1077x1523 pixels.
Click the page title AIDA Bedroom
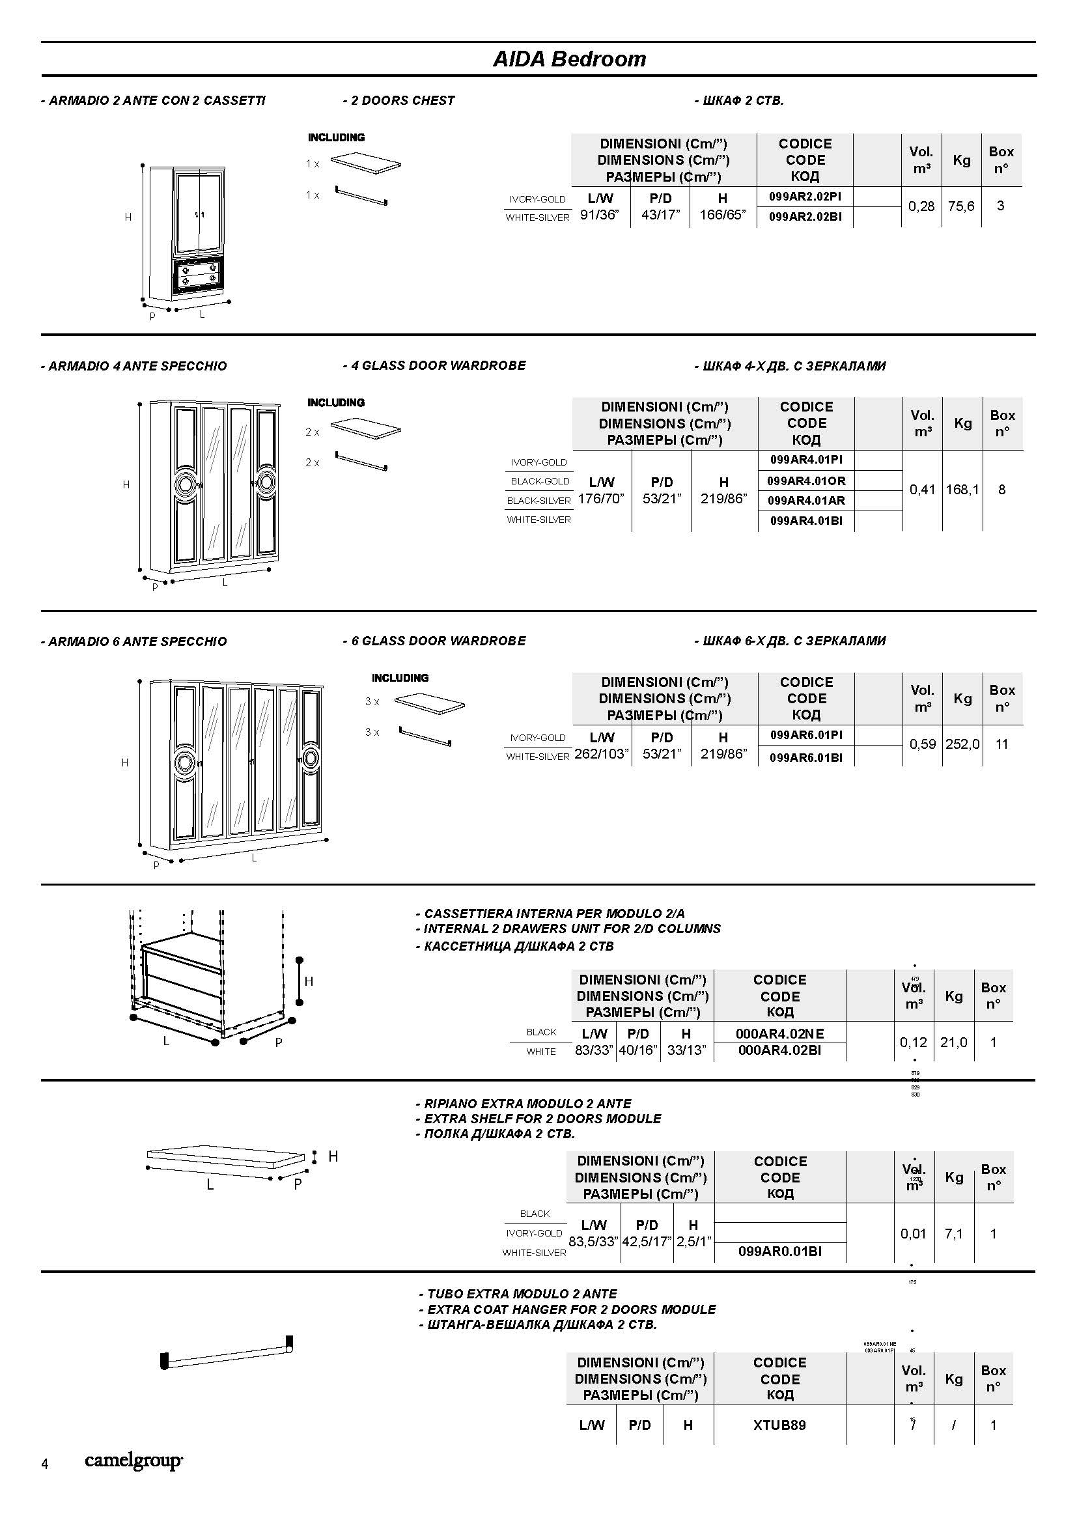pos(569,59)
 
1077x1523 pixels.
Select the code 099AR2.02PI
pos(805,197)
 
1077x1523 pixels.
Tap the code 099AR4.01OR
pos(806,481)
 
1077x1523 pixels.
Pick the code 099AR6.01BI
pos(806,757)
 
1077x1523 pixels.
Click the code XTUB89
pos(779,1425)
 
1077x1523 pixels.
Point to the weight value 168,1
pos(962,490)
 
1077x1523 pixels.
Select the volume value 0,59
pos(923,744)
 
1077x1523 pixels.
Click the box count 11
pos(1001,744)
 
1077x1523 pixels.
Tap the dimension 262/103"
pos(602,754)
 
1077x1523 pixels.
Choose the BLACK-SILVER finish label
pos(538,501)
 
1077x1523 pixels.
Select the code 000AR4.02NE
pos(780,1033)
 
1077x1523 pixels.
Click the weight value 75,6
pos(961,206)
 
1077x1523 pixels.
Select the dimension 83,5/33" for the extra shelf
pos(594,1241)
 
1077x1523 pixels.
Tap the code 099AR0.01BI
pos(780,1251)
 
